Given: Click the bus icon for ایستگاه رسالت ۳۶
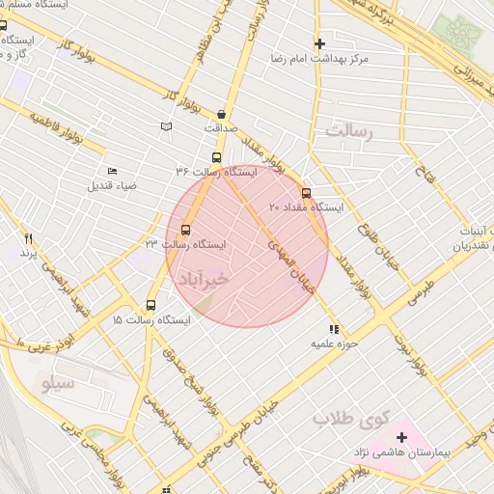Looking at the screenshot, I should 215,157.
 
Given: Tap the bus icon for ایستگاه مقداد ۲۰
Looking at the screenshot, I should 307,192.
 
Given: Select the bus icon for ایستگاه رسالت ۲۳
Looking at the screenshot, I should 185,230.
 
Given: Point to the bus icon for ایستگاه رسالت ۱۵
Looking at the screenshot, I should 150,304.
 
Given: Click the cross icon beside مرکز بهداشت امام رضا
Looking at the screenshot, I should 319,43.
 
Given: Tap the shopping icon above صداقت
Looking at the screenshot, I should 221,112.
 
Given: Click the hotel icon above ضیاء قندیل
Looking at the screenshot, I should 113,171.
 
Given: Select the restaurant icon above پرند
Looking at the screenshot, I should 29,238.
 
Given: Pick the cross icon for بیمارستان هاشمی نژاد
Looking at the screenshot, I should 401,438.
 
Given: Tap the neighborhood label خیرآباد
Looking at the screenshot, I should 203,278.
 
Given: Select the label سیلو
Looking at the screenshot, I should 59,384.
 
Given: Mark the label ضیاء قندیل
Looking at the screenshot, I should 114,184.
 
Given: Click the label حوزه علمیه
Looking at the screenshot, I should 335,343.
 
